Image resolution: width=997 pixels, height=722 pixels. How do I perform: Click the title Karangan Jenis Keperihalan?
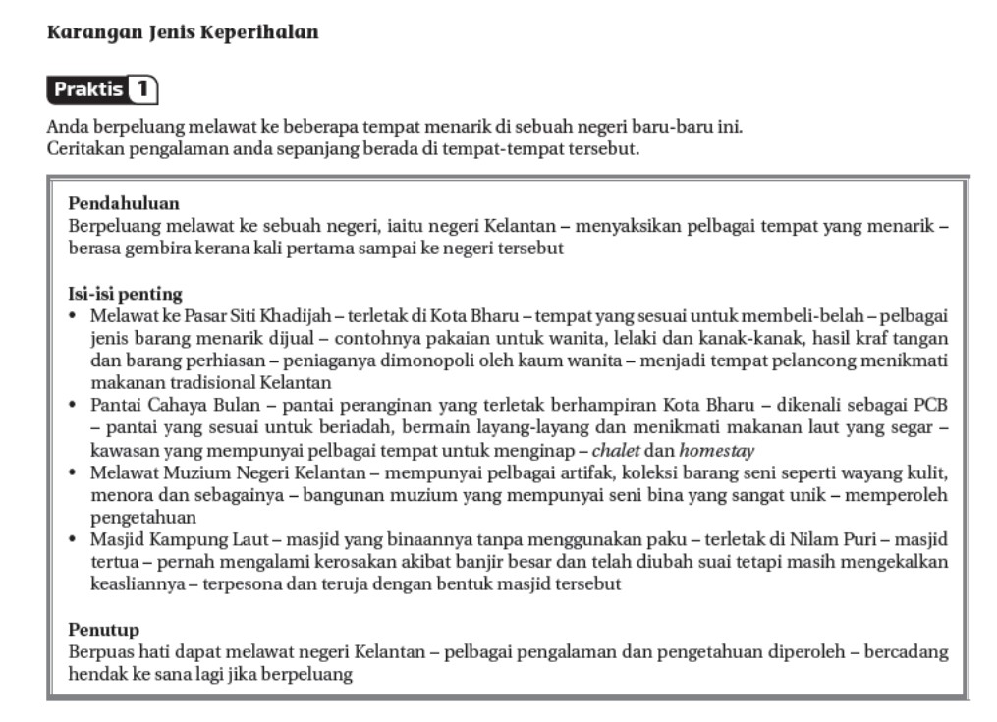pyautogui.click(x=183, y=32)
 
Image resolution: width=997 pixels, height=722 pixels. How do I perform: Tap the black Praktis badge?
pyautogui.click(x=89, y=90)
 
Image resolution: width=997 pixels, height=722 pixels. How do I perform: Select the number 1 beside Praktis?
pyautogui.click(x=143, y=90)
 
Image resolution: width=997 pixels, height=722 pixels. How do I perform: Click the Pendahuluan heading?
pyautogui.click(x=124, y=204)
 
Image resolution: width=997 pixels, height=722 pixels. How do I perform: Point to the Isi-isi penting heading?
pyautogui.click(x=125, y=294)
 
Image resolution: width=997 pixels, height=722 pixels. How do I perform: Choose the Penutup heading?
pyautogui.click(x=104, y=629)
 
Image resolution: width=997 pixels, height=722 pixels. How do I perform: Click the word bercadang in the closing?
pyautogui.click(x=905, y=652)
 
